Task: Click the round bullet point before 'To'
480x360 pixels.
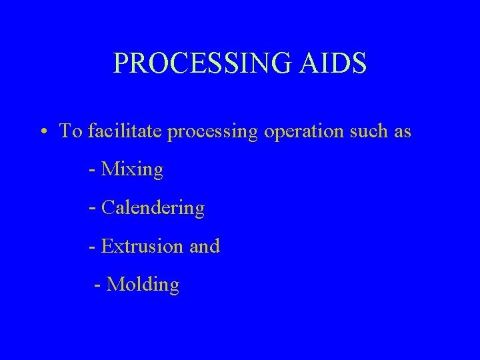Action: coord(42,132)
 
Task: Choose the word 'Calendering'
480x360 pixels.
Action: coord(153,209)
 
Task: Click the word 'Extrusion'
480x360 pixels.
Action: coord(142,247)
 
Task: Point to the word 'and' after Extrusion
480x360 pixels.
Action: coord(205,247)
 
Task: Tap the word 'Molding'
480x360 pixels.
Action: coord(143,285)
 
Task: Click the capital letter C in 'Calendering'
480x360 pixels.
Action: coord(108,209)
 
